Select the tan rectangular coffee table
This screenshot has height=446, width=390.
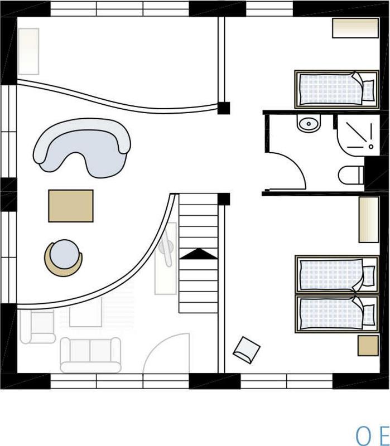pos(71,206)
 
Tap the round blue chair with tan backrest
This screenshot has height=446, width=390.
pos(64,258)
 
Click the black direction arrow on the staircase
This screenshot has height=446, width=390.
pos(199,254)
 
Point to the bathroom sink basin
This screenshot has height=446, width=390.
pos(309,123)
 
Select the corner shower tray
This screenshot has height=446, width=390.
pos(358,135)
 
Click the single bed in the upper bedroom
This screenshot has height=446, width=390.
pos(337,89)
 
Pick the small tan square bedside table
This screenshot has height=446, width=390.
pos(368,346)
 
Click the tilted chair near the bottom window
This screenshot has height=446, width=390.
pos(247,350)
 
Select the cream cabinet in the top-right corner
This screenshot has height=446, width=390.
pos(355,28)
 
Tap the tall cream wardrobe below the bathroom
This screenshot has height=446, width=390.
pos(369,219)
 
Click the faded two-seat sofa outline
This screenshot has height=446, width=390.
pos(90,355)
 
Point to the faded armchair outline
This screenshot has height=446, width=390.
pos(37,327)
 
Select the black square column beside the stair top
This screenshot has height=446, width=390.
pos(224,199)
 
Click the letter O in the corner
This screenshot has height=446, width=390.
pos(365,436)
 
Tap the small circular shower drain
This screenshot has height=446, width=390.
pos(371,147)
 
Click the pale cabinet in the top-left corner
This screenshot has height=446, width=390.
pos(28,51)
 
